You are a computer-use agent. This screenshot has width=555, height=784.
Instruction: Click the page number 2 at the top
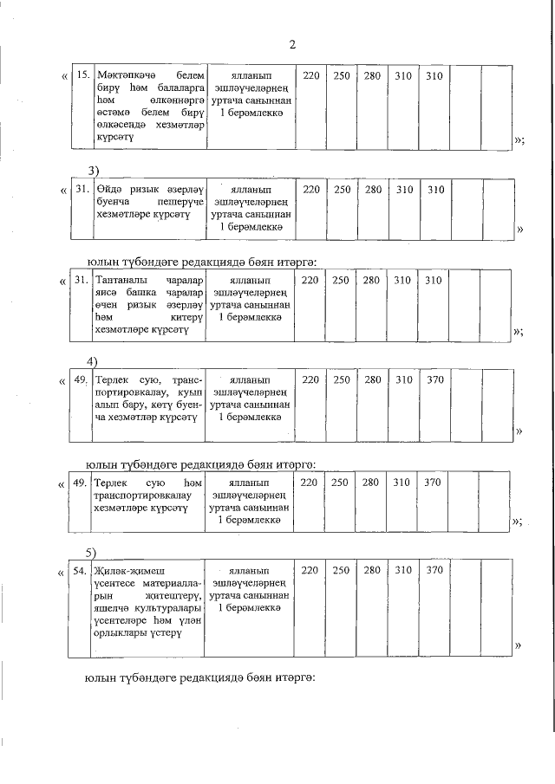pos(291,45)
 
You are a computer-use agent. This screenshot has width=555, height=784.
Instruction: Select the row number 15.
pos(83,76)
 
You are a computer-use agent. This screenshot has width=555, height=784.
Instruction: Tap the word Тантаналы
pos(122,281)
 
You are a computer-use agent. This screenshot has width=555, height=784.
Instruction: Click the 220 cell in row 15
pos(311,76)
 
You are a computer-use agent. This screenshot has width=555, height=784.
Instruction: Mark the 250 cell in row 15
pos(342,76)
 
